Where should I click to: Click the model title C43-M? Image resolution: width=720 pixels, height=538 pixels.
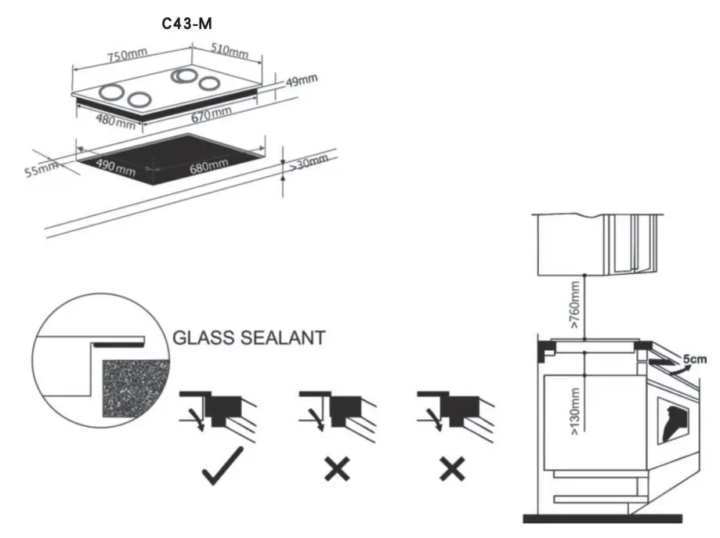tap(186, 24)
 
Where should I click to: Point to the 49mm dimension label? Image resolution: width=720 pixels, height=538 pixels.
tap(301, 81)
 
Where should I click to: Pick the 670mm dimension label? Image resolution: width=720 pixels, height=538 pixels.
tap(212, 114)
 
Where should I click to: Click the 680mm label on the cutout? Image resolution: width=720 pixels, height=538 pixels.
tap(208, 165)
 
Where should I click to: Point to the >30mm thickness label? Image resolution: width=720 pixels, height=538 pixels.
tap(308, 163)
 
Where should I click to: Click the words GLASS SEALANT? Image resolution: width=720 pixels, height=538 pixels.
tap(248, 338)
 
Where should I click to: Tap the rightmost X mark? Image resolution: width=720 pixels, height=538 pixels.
tap(452, 469)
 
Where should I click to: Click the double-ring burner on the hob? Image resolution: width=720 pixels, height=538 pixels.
tap(186, 76)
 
